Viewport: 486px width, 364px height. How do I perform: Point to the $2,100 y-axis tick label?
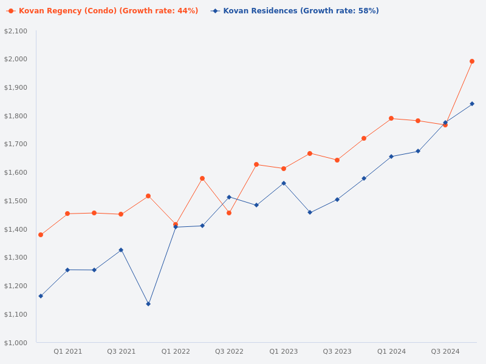coord(16,31)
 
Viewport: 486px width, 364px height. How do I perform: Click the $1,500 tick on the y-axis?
coord(16,201)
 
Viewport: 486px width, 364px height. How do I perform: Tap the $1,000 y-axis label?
coord(16,343)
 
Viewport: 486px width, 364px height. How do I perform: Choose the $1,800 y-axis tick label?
coord(16,116)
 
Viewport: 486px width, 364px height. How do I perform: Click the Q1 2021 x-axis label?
coord(67,351)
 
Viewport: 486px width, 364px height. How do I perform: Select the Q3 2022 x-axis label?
coord(229,351)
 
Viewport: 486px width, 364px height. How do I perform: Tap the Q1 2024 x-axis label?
coord(391,351)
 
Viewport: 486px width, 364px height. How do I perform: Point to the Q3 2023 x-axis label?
coord(337,351)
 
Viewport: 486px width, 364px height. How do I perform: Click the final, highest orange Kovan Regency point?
coord(472,61)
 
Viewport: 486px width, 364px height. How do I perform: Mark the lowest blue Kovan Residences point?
coord(148,304)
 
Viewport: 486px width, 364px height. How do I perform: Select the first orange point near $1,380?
coord(41,235)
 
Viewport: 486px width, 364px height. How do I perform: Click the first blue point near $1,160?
coord(41,296)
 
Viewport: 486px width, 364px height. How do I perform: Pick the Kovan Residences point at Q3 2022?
coord(229,197)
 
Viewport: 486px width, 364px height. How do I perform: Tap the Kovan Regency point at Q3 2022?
coord(229,213)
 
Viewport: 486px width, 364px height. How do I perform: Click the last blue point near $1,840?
coord(472,104)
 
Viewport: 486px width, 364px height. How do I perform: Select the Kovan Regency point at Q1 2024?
coord(391,118)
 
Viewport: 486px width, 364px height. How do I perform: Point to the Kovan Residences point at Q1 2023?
coord(284,183)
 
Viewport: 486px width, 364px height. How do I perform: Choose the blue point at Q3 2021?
coord(121,250)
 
